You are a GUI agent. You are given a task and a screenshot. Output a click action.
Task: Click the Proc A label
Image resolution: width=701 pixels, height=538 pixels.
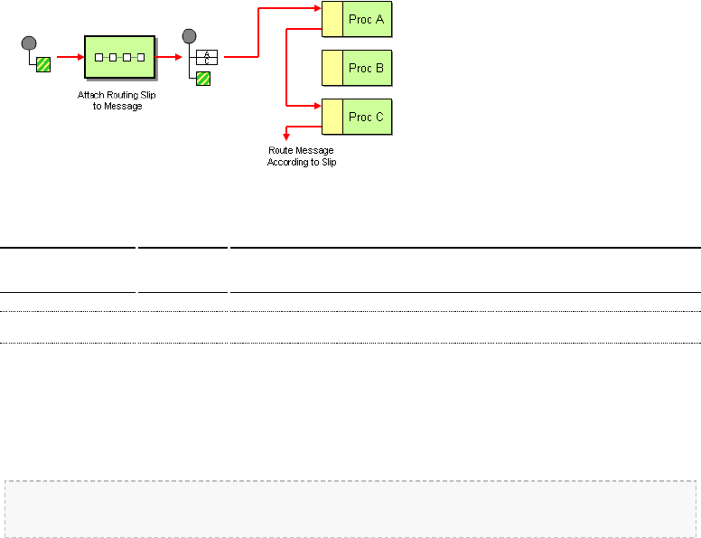[x=367, y=20]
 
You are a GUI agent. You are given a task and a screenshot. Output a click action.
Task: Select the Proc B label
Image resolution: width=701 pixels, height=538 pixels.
[x=367, y=68]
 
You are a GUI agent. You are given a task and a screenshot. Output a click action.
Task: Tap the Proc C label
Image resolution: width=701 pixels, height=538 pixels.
[x=367, y=117]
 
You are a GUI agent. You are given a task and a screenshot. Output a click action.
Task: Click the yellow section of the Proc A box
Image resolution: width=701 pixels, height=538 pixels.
[x=332, y=20]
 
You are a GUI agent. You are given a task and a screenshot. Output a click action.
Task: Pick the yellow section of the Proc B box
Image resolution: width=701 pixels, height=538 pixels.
[x=332, y=68]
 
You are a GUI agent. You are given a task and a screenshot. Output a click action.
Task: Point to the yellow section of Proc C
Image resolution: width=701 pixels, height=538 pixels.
[x=332, y=117]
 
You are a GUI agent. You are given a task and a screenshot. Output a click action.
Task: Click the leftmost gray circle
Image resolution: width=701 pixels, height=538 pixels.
[x=29, y=42]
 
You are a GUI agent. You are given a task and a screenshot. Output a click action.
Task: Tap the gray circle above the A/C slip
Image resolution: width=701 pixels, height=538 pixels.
[x=189, y=36]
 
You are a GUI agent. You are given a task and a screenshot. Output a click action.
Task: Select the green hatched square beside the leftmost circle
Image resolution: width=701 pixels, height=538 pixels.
[x=43, y=63]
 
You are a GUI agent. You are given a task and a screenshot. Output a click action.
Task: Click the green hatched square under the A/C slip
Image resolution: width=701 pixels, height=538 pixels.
[x=203, y=78]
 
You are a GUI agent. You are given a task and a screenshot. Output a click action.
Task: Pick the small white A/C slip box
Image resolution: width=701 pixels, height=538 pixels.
[x=207, y=58]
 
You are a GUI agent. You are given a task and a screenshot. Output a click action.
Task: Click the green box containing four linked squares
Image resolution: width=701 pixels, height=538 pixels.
[x=119, y=57]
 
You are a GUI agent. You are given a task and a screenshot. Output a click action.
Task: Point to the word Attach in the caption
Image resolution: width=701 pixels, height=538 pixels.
[x=89, y=94]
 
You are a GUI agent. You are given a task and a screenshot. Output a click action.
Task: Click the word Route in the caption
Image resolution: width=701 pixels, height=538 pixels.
[x=281, y=150]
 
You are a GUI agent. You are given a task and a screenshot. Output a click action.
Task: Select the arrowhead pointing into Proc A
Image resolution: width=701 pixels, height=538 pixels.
[x=318, y=9]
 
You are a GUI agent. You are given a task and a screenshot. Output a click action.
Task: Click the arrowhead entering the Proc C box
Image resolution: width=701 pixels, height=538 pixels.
[x=318, y=107]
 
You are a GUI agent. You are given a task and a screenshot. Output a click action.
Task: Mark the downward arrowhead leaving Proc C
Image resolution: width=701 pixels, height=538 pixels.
[x=286, y=136]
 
